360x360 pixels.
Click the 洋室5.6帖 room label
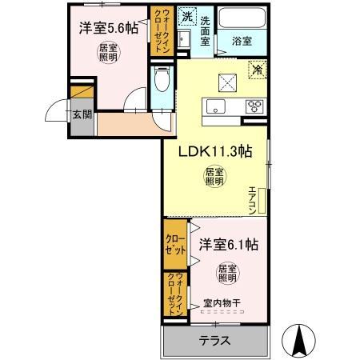pos(108,27)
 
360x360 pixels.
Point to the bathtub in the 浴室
pos(240,18)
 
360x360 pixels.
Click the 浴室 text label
pos(241,38)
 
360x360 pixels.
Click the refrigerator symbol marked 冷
pos(258,70)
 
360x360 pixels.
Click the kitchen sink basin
pos(215,107)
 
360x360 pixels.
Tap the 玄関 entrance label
pos(82,114)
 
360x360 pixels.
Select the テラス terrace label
pos(214,340)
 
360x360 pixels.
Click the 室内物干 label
pos(221,302)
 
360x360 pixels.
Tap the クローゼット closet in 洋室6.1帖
pos(175,244)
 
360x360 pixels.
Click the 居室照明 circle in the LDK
pos(213,175)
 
